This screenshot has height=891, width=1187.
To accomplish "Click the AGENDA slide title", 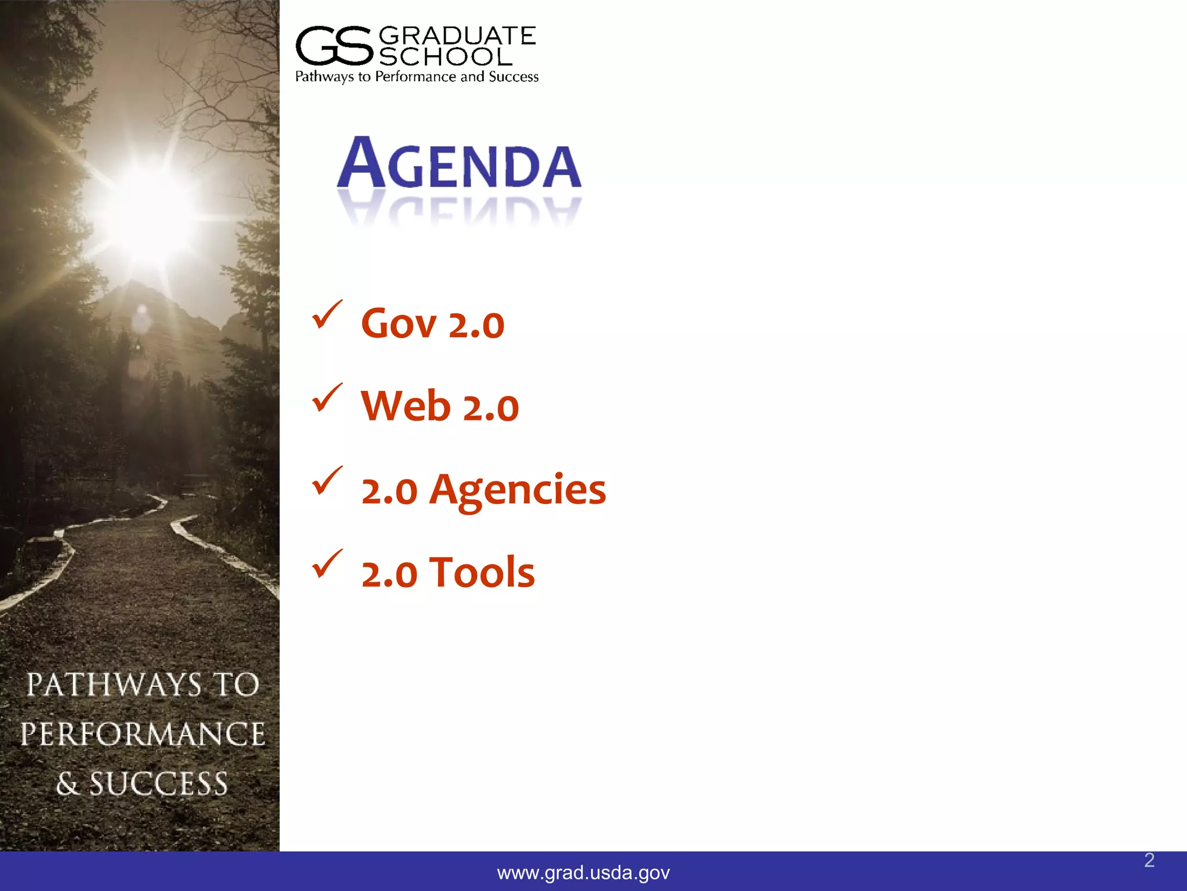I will coord(459,164).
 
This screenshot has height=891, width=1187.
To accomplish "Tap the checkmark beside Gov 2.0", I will coord(327,316).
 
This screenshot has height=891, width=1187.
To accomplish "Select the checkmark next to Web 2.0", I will coord(327,399).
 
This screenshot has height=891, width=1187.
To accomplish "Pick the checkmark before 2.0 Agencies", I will coord(327,481).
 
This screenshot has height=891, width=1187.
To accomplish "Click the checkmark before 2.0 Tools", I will coord(327,564).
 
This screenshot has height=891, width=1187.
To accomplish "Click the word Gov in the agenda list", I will coord(398,324).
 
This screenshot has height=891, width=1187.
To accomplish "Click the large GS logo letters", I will coord(333,46).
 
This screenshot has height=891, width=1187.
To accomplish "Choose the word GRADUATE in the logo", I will coord(457,36).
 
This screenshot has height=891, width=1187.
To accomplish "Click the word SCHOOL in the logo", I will coord(446,57).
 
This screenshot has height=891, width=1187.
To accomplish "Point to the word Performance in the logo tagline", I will coord(416,77).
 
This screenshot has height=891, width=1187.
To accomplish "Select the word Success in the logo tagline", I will coord(514,77).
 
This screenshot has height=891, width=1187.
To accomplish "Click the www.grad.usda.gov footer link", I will coord(583,872).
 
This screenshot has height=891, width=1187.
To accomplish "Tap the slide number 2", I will coord(1149,860).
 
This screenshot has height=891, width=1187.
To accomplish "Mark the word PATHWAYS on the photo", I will coord(114,684).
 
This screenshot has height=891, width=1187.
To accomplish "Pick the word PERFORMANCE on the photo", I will coord(143,734).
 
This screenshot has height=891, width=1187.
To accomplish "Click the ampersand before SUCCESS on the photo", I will coord(67,784).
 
